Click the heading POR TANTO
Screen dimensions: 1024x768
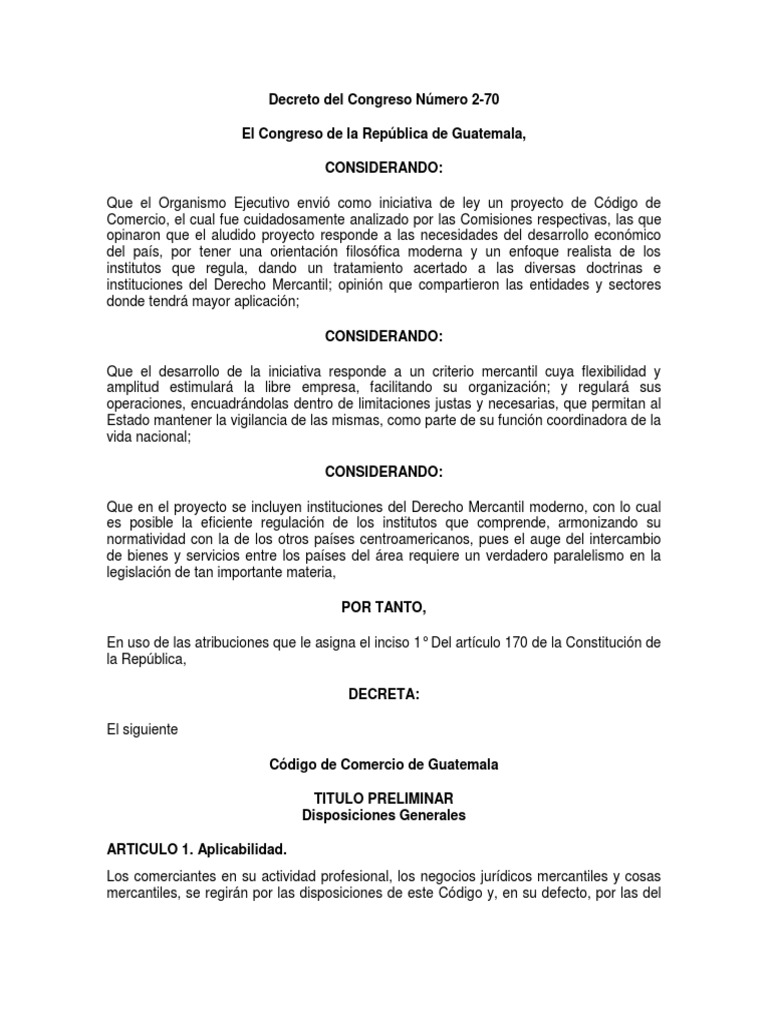click(384, 606)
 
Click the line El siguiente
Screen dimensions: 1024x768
click(142, 729)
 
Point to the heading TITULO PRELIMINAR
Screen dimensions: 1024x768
click(384, 798)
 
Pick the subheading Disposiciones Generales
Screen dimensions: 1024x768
click(384, 815)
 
